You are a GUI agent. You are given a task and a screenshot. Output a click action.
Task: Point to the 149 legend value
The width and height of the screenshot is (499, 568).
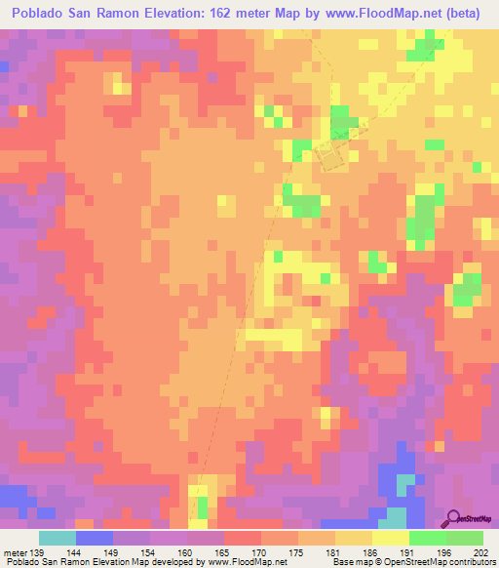click(x=113, y=551)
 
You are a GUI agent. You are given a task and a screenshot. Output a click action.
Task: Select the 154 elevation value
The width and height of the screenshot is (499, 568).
click(x=150, y=551)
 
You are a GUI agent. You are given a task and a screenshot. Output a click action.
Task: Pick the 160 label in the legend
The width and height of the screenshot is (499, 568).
click(x=187, y=551)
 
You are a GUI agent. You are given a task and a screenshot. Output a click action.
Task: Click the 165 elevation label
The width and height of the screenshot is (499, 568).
click(x=224, y=551)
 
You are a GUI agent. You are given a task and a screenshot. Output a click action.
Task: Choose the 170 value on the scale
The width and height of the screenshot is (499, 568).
click(x=261, y=551)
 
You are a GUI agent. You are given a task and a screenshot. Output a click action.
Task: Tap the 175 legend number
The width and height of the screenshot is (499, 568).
click(x=298, y=551)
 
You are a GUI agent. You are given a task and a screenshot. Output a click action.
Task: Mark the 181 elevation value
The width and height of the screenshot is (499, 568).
click(x=335, y=551)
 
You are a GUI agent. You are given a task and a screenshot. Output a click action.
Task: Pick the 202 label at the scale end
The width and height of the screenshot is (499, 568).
click(x=481, y=551)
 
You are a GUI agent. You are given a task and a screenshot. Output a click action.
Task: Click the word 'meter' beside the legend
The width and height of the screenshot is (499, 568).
click(x=15, y=551)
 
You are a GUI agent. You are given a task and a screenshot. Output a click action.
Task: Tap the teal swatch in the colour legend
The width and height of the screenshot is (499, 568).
click(x=58, y=538)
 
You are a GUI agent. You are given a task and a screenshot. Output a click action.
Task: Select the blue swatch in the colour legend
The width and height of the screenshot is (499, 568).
click(x=95, y=538)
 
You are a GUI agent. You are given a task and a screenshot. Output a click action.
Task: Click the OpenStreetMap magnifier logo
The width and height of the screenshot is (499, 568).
click(x=454, y=519)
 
